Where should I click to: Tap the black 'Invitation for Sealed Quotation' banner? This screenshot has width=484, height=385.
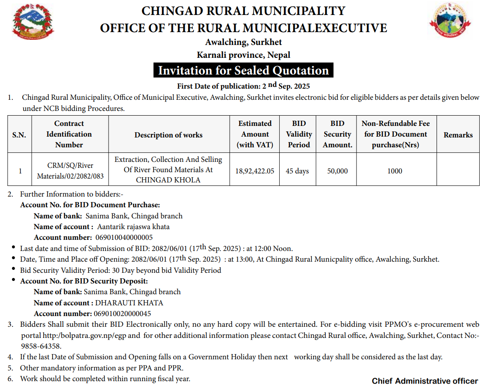point(243,71)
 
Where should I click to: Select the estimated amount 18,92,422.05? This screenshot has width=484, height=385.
point(255,171)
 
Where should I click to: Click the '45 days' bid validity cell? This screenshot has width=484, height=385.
point(297,171)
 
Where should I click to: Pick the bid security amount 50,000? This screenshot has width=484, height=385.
point(337,171)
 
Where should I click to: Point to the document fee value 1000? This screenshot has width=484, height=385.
point(395,171)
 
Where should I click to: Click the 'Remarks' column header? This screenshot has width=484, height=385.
point(458,134)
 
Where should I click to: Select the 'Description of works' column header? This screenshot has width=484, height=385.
point(168,134)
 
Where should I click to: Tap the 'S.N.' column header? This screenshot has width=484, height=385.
point(19,134)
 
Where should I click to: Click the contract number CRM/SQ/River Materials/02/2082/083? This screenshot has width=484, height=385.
point(70,170)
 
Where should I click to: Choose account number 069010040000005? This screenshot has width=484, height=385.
point(123,237)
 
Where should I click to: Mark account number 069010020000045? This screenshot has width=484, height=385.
point(122,313)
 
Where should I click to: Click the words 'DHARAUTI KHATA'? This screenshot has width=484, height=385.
point(129,303)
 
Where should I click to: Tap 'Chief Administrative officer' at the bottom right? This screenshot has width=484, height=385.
point(425,381)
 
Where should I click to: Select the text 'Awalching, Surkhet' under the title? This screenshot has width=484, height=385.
point(243,42)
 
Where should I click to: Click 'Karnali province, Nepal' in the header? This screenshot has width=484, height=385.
point(243,55)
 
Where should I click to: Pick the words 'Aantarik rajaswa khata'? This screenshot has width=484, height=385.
point(133,227)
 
